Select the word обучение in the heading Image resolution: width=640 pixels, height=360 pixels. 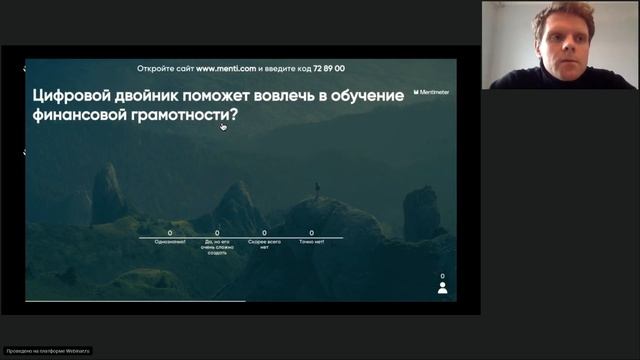(364, 96)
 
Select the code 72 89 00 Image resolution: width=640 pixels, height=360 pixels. (327, 68)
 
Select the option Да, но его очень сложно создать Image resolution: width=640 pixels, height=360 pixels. (217, 248)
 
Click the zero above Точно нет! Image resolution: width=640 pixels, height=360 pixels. (311, 232)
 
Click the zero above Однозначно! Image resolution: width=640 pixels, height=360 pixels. (171, 232)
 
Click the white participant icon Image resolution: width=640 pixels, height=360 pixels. (442, 288)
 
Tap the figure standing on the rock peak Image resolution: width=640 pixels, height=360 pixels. (318, 189)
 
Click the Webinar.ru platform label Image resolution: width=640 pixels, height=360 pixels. (47, 351)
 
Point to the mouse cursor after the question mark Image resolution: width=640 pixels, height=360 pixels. (223, 126)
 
